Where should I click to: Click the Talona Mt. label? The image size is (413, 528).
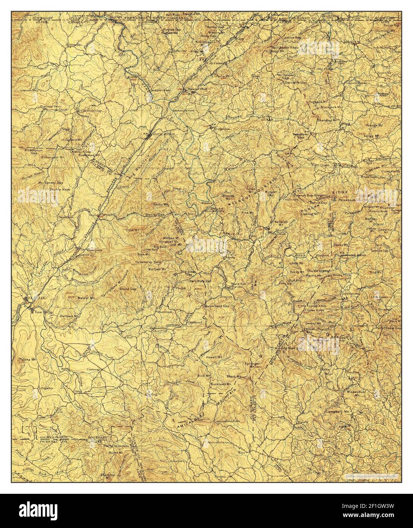(x=27, y=359)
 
